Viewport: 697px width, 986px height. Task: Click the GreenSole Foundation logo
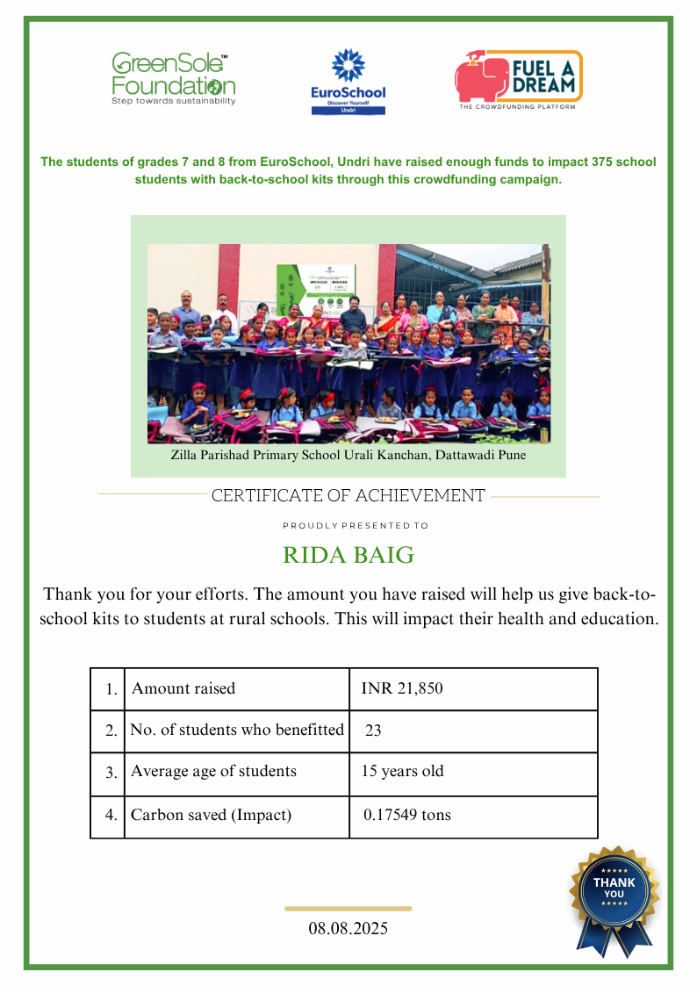(x=173, y=79)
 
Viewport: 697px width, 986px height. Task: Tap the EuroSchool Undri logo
(x=348, y=82)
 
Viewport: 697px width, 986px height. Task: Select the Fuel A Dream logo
(x=518, y=80)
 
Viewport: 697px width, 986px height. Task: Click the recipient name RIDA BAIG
(x=348, y=556)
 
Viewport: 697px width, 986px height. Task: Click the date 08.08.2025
(x=348, y=928)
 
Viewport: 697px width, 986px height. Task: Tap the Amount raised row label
(x=183, y=688)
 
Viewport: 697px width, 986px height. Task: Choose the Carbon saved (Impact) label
(x=211, y=815)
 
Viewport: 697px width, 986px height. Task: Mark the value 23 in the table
(x=373, y=731)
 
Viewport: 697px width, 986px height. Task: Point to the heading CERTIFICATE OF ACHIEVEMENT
(x=348, y=496)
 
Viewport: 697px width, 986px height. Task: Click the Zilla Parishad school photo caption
(x=348, y=457)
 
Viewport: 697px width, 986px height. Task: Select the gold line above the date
(x=348, y=909)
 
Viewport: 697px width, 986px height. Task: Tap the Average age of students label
(x=213, y=772)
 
